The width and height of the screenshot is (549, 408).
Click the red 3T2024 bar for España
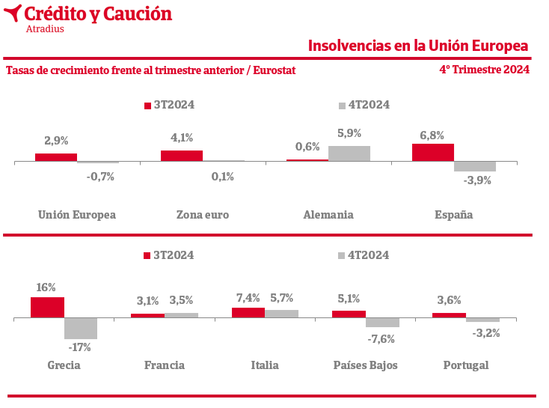pyautogui.click(x=433, y=152)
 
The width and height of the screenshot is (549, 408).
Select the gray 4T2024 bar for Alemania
pyautogui.click(x=349, y=153)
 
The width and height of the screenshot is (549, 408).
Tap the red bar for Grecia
pyautogui.click(x=47, y=308)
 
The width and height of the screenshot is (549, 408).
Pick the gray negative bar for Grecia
pyautogui.click(x=81, y=329)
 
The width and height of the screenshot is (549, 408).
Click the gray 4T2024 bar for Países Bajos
pyautogui.click(x=382, y=323)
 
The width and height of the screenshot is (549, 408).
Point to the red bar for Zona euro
pyautogui.click(x=182, y=156)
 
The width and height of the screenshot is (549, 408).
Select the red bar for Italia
pyautogui.click(x=248, y=313)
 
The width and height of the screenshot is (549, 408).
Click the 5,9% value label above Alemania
pyautogui.click(x=349, y=133)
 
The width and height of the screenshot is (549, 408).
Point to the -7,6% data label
pyautogui.click(x=381, y=338)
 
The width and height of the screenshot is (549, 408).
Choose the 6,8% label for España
pyautogui.click(x=432, y=136)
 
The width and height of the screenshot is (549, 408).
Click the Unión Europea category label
pyautogui.click(x=77, y=215)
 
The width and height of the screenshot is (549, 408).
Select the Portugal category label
pyautogui.click(x=465, y=365)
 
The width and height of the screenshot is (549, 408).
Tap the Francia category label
pyautogui.click(x=165, y=365)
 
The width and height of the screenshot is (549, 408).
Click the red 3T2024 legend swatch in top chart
pyautogui.click(x=147, y=106)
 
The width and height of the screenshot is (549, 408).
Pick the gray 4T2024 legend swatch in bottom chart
pyautogui.click(x=343, y=255)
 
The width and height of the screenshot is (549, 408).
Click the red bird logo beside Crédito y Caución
pyautogui.click(x=12, y=13)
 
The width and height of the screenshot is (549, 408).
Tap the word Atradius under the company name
pyautogui.click(x=45, y=29)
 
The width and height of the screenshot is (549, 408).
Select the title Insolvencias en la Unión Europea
pyautogui.click(x=418, y=46)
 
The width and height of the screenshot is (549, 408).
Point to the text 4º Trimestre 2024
pyautogui.click(x=484, y=70)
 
